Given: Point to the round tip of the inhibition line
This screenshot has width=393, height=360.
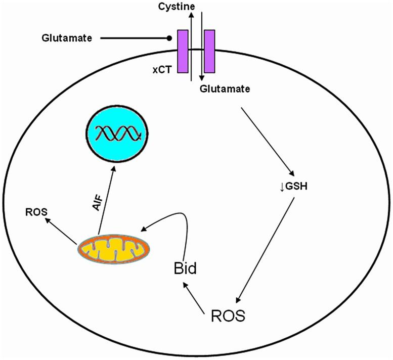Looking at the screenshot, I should click(170, 38).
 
